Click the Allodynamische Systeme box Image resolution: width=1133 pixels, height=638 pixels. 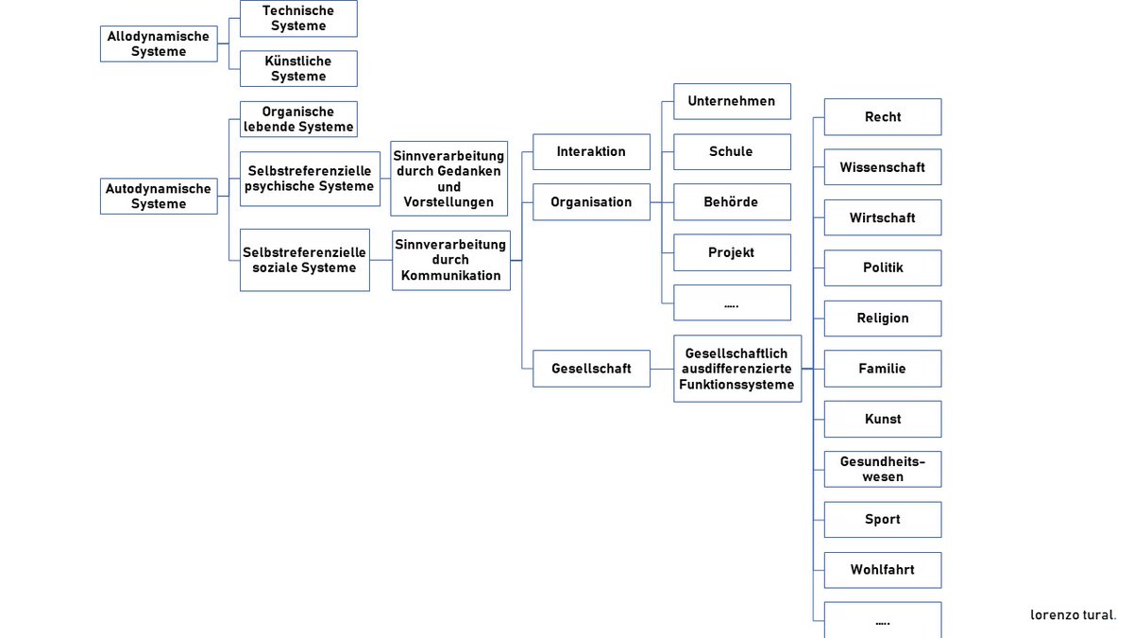[159, 43]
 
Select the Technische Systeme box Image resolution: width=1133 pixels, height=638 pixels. [298, 19]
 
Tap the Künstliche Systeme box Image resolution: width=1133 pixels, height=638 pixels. [298, 69]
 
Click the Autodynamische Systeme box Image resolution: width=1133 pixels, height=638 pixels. [159, 196]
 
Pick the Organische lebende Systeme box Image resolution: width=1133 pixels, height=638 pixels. [298, 119]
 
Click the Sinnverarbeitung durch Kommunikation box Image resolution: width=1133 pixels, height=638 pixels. [450, 260]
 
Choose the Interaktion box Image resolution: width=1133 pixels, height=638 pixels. [591, 151]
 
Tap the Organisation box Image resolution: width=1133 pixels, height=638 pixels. [591, 201]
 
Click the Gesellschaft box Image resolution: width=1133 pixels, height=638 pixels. [591, 369]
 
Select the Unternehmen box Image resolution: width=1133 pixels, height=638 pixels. [732, 101]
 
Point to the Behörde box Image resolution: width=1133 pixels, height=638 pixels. [732, 201]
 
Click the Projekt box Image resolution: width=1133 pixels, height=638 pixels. [732, 252]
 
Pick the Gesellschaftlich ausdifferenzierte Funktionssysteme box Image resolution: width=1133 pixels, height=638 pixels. [737, 369]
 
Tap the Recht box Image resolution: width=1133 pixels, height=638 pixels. [883, 117]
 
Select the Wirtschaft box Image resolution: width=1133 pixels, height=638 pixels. [883, 217]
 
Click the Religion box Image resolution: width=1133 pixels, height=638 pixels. [883, 319]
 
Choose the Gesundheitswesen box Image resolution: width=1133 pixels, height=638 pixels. [883, 469]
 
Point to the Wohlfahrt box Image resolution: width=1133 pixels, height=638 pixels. [883, 570]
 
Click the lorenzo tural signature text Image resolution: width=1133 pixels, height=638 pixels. [1073, 614]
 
